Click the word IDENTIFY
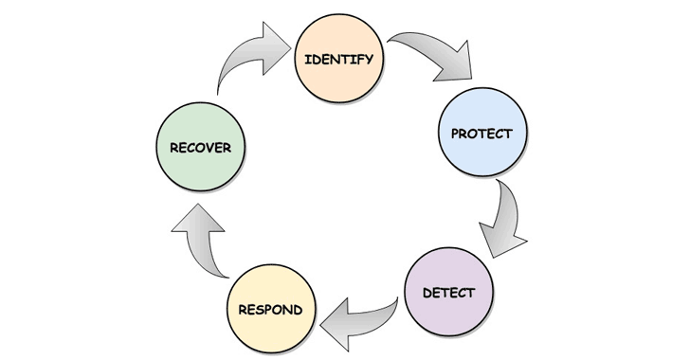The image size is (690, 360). point(338,60)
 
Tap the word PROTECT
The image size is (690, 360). point(481,134)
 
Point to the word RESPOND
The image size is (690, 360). point(271,309)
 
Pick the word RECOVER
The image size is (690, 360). point(200,148)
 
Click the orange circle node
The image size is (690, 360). point(338,78)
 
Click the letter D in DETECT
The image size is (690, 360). point(427,292)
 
